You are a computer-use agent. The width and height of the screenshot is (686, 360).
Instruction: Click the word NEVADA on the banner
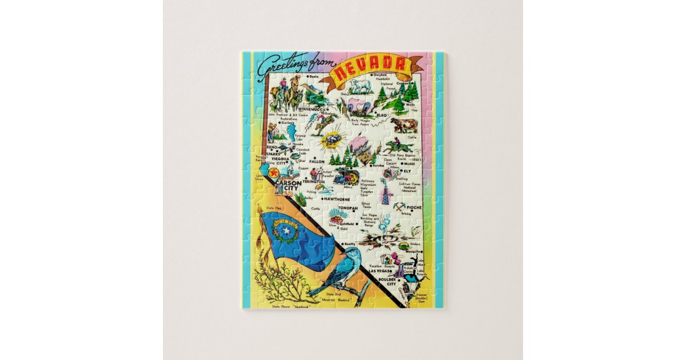pyautogui.click(x=370, y=69)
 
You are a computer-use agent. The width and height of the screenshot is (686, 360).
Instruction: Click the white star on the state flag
pyautogui.click(x=284, y=231)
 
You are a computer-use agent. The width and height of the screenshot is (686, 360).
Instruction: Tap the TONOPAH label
pyautogui.click(x=348, y=208)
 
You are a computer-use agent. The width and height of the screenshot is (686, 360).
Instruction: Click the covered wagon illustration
pyautogui.click(x=353, y=106)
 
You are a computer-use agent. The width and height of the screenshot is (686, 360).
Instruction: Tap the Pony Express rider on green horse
pyautogui.click(x=394, y=146)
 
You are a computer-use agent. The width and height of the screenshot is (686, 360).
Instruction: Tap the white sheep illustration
pyautogui.click(x=361, y=87)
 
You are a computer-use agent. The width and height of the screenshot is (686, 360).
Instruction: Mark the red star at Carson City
pyautogui.click(x=274, y=172)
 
